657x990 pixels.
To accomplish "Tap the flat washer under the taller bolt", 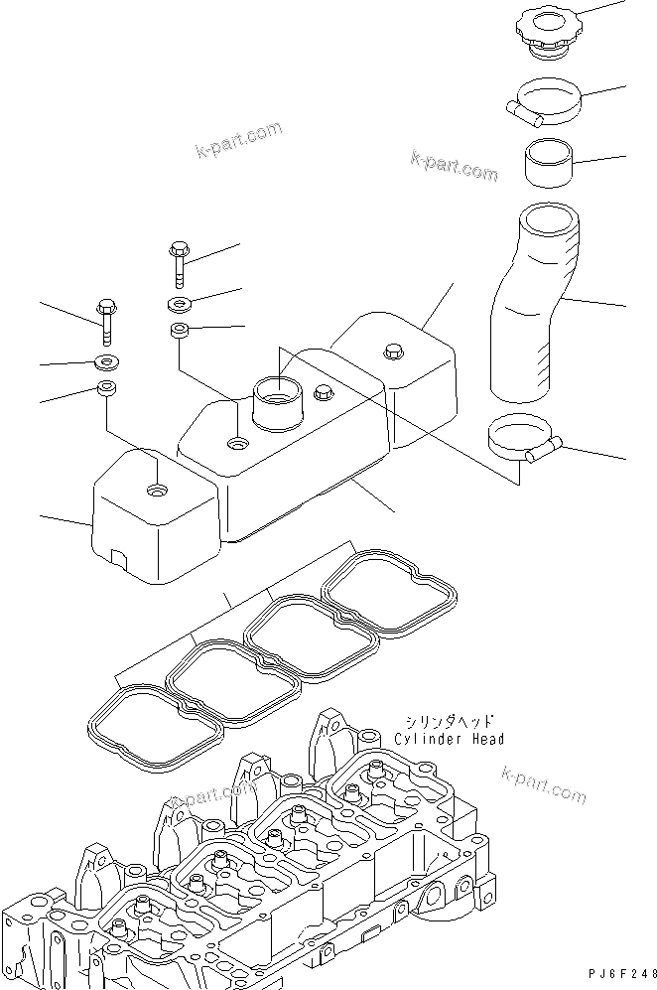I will (180, 302).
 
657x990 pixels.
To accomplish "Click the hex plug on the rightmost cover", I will (392, 351).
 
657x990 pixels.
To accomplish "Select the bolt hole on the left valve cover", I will (156, 491).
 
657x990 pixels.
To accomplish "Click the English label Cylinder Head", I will (449, 739).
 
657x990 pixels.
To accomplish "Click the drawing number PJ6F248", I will (616, 975).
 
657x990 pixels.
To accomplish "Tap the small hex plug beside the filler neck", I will (322, 394).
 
